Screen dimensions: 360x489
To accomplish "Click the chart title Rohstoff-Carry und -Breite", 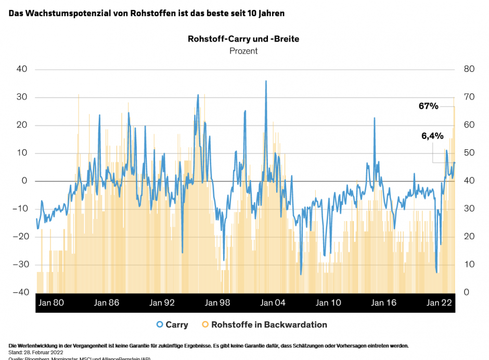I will tap(243, 39).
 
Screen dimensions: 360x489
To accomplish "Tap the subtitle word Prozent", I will tap(243, 51).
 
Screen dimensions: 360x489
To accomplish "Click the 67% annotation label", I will tap(428, 106).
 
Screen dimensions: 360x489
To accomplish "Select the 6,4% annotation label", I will tap(432, 136).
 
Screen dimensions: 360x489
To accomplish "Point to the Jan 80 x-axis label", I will tap(52, 303).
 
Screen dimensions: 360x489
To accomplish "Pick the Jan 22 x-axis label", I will tap(440, 303).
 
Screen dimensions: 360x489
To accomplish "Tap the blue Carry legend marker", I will tap(160, 325).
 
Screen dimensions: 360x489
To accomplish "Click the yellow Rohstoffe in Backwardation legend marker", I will tap(205, 325).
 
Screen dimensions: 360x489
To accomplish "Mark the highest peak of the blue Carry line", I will tap(266, 81).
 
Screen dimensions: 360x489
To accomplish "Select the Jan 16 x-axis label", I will tap(384, 303).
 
